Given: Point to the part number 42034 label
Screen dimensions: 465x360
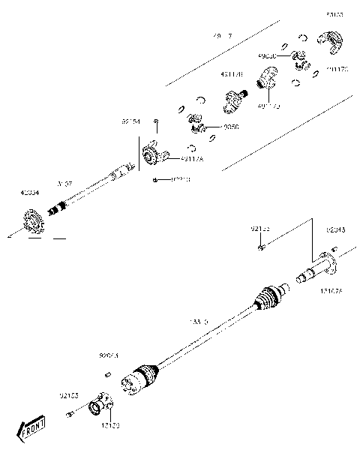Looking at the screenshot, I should (31, 193).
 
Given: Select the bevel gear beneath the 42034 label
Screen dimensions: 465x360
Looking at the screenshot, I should (33, 222).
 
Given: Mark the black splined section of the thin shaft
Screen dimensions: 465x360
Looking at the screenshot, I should (56, 209).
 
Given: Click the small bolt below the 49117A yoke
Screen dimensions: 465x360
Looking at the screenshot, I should (153, 180).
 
